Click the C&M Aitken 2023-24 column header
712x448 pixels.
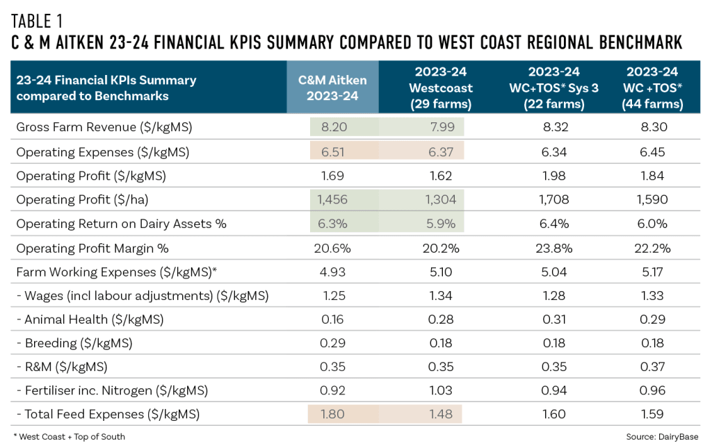(333, 88)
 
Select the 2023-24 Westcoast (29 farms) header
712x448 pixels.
(441, 88)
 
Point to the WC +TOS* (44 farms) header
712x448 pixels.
(653, 88)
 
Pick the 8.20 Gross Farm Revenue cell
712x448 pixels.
(333, 127)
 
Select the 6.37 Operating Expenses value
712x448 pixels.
(441, 151)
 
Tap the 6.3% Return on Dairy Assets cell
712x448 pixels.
(333, 224)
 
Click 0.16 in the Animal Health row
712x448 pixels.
(333, 320)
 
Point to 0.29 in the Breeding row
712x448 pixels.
(333, 344)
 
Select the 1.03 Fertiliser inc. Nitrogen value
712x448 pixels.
(441, 392)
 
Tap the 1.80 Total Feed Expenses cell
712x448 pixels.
(333, 415)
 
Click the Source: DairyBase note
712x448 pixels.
(661, 436)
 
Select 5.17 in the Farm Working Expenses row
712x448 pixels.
(653, 272)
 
